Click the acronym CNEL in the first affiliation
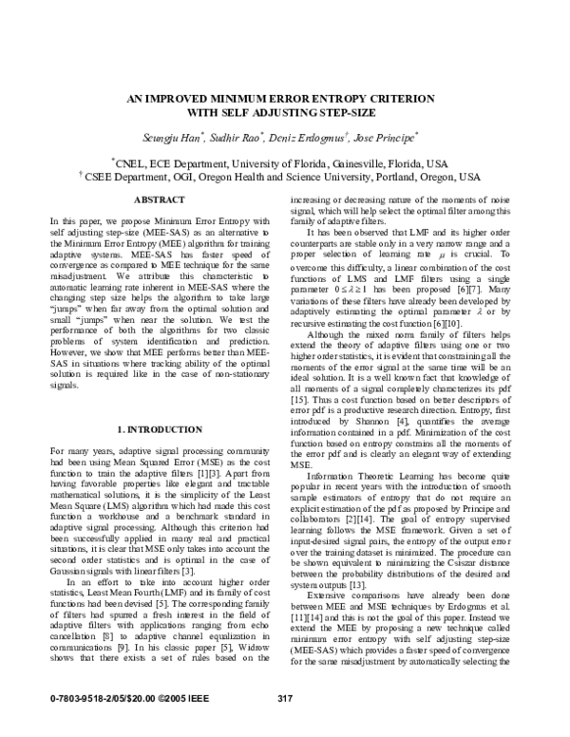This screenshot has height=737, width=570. [132, 162]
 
